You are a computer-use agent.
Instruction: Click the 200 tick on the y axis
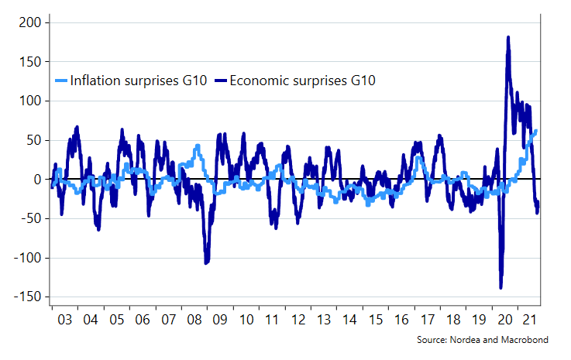pyautogui.click(x=28, y=22)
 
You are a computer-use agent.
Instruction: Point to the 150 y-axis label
pyautogui.click(x=28, y=62)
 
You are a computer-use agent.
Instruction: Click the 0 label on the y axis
pyautogui.click(x=35, y=180)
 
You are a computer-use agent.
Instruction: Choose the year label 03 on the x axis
pyautogui.click(x=65, y=321)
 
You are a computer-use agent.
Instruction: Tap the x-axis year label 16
pyautogui.click(x=400, y=321)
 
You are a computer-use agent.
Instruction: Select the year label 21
pyautogui.click(x=530, y=321)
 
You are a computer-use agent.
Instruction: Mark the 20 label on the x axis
pyautogui.click(x=504, y=321)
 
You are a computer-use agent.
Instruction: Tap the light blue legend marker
pyautogui.click(x=62, y=81)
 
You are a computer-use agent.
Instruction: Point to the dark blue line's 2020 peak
pyautogui.click(x=508, y=37)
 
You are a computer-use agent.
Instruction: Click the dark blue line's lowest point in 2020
pyautogui.click(x=500, y=288)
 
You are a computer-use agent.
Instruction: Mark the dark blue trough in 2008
pyautogui.click(x=206, y=263)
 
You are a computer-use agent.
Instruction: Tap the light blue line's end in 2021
pyautogui.click(x=536, y=131)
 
